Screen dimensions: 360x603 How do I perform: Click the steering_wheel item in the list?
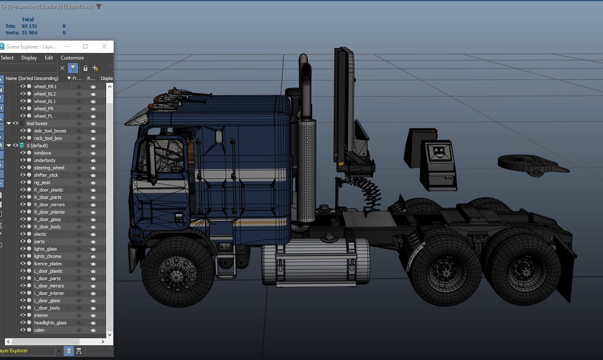click(49, 168)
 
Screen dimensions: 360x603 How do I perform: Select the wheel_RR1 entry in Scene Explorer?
click(45, 87)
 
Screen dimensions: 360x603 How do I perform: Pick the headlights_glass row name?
click(50, 323)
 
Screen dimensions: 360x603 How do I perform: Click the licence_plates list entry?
click(48, 264)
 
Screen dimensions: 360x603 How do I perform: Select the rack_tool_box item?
click(48, 138)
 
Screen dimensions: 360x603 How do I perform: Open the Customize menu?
click(72, 58)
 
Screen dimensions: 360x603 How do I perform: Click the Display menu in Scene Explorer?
click(29, 58)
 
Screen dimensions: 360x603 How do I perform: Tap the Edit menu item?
click(49, 58)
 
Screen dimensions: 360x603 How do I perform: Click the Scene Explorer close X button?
click(104, 46)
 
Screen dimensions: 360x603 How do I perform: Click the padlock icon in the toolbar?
click(85, 68)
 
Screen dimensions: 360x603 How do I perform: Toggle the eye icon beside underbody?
click(23, 160)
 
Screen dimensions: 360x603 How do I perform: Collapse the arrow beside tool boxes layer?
click(9, 123)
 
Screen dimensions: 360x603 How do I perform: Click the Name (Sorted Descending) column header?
click(32, 78)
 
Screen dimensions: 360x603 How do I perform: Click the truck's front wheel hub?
click(177, 273)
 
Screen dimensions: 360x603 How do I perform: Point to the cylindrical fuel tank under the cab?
click(316, 262)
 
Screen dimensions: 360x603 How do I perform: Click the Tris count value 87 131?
click(29, 26)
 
